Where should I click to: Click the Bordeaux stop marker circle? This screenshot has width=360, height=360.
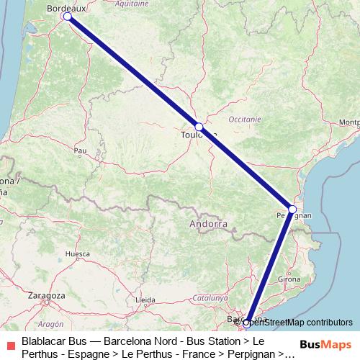[x=67, y=16]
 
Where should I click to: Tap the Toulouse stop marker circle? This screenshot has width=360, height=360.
[x=199, y=127]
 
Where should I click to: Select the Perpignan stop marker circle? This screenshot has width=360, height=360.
[x=292, y=209]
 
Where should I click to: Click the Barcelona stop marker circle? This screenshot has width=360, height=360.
[x=246, y=323]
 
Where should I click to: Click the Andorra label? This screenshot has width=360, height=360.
[x=207, y=225]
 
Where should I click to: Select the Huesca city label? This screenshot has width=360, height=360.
[x=78, y=254]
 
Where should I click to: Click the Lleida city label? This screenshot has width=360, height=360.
[x=145, y=300]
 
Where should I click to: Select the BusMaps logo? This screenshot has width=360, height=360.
[x=325, y=344]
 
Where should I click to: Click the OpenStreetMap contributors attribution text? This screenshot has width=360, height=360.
[x=295, y=323]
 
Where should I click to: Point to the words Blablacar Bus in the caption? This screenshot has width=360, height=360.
[x=54, y=341]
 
